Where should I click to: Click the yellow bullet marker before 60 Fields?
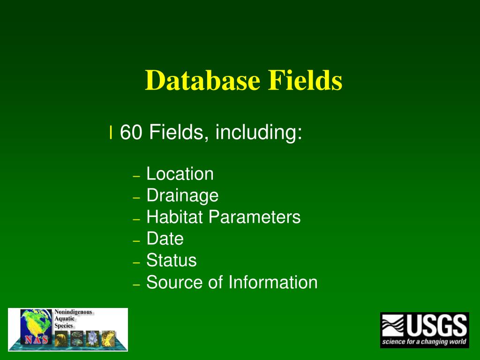click(111, 133)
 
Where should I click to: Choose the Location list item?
click(180, 174)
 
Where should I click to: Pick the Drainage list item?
click(182, 196)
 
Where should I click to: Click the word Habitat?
click(175, 217)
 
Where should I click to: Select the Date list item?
click(165, 239)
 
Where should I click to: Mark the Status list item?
click(172, 260)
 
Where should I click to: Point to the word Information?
click(273, 282)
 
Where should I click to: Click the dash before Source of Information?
click(136, 285)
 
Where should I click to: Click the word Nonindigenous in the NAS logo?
click(74, 312)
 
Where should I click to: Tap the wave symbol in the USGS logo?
click(393, 325)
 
